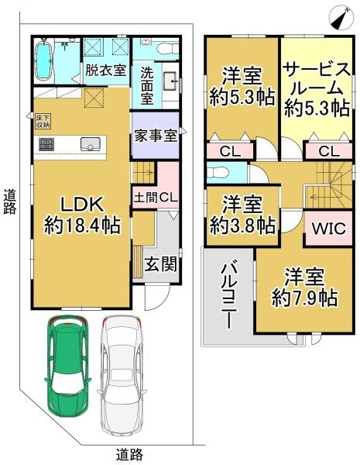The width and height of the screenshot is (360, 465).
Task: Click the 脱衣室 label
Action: pyautogui.click(x=106, y=71)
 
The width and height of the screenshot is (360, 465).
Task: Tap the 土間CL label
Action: pyautogui.click(x=156, y=197)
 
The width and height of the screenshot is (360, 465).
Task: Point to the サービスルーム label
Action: pyautogui.click(x=315, y=89)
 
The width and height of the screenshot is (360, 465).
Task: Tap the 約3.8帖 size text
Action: pyautogui.click(x=242, y=226)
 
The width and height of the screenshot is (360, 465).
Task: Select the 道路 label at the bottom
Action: pyautogui.click(x=129, y=454)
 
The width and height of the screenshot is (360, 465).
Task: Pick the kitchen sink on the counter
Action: pyautogui.click(x=87, y=143)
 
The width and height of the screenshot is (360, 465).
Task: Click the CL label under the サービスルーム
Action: pyautogui.click(x=325, y=151)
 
